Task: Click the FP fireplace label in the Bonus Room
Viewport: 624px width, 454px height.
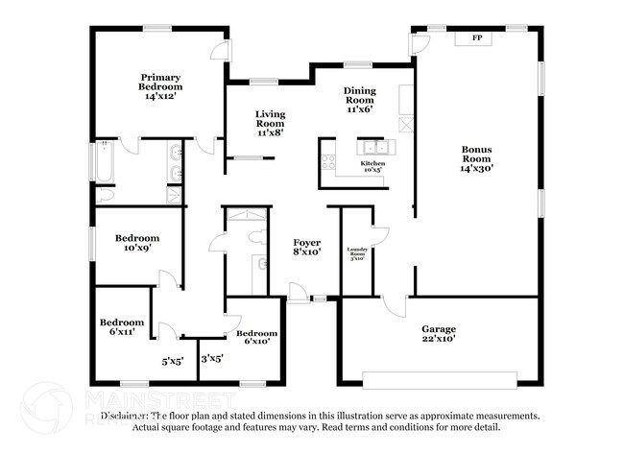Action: point(475,38)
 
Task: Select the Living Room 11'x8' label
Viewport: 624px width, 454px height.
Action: point(270,123)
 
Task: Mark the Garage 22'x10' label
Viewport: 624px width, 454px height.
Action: point(439,333)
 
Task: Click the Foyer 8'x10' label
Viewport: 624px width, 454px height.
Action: point(307,247)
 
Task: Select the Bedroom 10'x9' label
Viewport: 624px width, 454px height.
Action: point(136,243)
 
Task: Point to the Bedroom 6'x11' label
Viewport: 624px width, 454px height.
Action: point(122,326)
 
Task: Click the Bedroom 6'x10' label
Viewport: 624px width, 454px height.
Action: point(256,338)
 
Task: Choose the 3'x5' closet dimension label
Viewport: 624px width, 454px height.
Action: point(212,359)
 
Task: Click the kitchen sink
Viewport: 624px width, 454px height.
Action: point(374,147)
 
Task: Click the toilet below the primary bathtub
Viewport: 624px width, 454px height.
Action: point(107,192)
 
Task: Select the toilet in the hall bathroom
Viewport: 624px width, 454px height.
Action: point(256,236)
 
